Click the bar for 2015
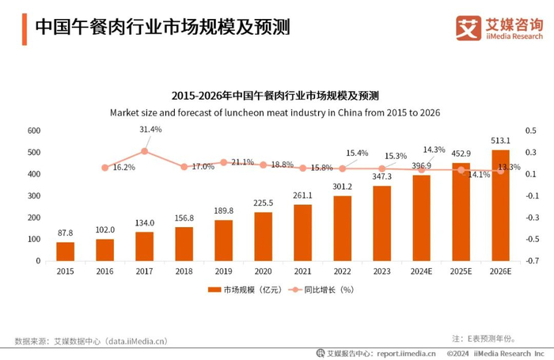pos(66,251)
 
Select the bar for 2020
pos(264,236)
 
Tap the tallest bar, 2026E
pos(501,205)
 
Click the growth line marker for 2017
pos(144,151)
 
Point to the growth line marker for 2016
pos(105,167)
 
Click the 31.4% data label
pos(150,129)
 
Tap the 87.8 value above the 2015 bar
pos(66,233)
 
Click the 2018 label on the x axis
pos(184,271)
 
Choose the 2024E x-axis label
pos(422,271)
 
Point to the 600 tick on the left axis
pos(34,130)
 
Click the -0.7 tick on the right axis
pos(531,260)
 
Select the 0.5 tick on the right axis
pos(531,130)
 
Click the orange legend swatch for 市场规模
pos(214,290)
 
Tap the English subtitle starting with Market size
pos(275,112)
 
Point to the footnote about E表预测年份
pos(498,337)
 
